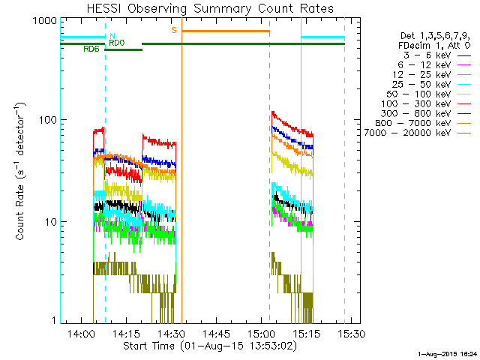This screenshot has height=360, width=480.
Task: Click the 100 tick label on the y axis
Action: pyautogui.click(x=47, y=120)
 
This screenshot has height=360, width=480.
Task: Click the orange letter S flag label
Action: pyautogui.click(x=174, y=30)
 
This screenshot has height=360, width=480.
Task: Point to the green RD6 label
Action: pyautogui.click(x=91, y=49)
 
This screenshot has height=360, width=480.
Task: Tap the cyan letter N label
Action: pyautogui.click(x=112, y=35)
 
